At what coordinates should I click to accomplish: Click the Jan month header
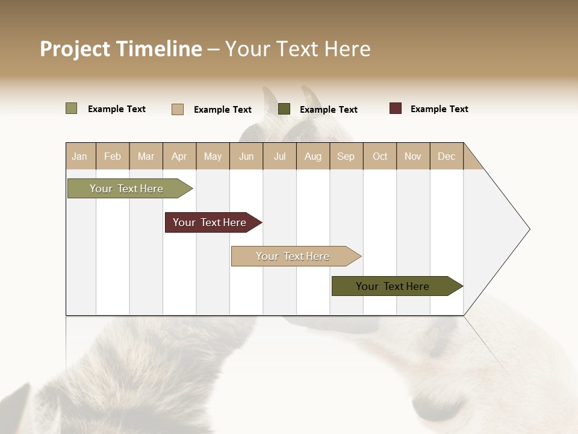pyautogui.click(x=79, y=156)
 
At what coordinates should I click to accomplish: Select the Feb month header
pyautogui.click(x=113, y=156)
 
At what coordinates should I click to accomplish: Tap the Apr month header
pyautogui.click(x=179, y=156)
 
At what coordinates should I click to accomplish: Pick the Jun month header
pyautogui.click(x=246, y=156)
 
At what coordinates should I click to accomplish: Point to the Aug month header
pyautogui.click(x=312, y=156)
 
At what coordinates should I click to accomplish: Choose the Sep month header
pyautogui.click(x=346, y=156)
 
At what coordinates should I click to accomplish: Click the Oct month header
pyautogui.click(x=380, y=156)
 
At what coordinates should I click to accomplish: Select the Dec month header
pyautogui.click(x=446, y=156)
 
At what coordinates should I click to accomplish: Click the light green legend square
pyautogui.click(x=71, y=108)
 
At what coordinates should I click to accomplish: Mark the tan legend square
pyautogui.click(x=177, y=109)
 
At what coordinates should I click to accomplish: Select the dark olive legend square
pyautogui.click(x=284, y=108)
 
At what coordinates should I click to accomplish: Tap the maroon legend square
pyautogui.click(x=395, y=108)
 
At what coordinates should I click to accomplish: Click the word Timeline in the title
pyautogui.click(x=159, y=49)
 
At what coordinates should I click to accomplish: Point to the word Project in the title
pyautogui.click(x=75, y=49)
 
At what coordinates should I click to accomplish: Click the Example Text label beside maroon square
pyautogui.click(x=439, y=109)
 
